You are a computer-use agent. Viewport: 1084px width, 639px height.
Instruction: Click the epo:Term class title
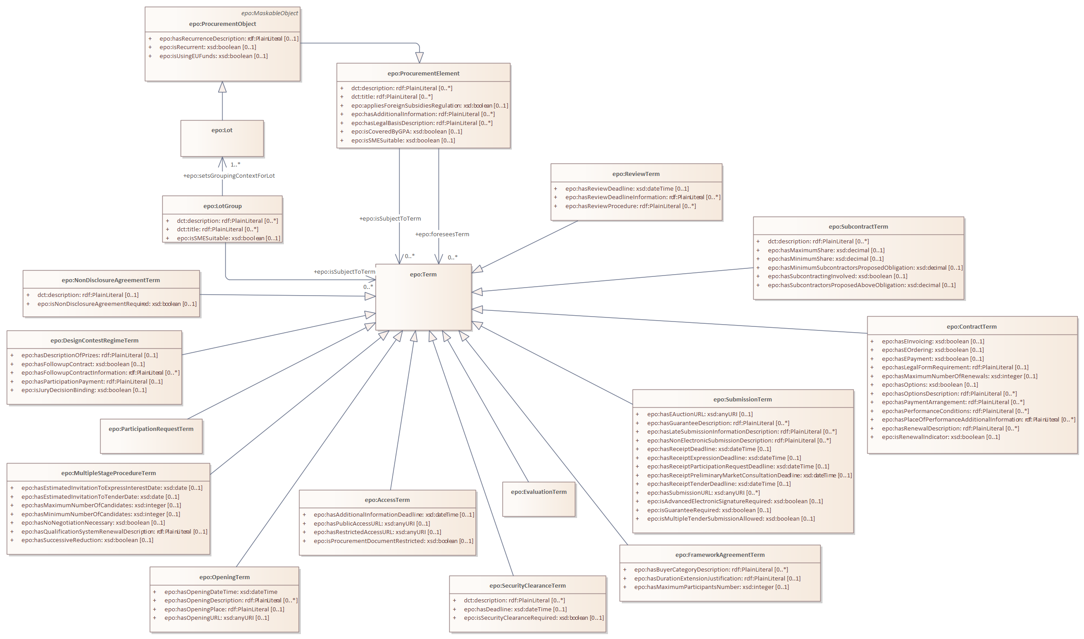coord(423,275)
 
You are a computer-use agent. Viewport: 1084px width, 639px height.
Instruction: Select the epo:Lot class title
coord(222,130)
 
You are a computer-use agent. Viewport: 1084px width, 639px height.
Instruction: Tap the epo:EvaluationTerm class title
coord(539,492)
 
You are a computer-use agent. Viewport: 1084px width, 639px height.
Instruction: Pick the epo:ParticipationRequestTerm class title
coord(151,429)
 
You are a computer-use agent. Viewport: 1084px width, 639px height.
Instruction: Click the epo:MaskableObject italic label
coord(270,13)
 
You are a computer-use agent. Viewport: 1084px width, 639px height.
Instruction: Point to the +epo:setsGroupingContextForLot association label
coord(229,176)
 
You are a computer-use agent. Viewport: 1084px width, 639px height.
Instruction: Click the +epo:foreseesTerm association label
coord(442,234)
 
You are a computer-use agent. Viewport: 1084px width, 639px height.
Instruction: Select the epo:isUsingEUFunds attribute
coord(213,56)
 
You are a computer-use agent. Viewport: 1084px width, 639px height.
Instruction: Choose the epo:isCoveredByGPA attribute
coord(406,132)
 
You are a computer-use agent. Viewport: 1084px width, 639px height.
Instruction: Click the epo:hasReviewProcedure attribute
coord(630,206)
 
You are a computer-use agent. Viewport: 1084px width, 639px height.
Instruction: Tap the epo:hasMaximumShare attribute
coord(826,251)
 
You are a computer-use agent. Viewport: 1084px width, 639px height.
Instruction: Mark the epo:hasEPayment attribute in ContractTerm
coord(932,359)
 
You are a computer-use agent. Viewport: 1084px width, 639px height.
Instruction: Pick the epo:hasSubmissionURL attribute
coord(703,493)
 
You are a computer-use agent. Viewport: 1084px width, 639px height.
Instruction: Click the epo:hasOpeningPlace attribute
coord(224,610)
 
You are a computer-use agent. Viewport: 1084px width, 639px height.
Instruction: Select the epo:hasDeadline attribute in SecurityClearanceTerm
coord(515,610)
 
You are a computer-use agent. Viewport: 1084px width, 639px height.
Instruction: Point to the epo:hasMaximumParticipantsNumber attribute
coord(711,587)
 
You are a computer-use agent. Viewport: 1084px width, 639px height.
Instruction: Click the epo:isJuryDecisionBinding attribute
coord(84,390)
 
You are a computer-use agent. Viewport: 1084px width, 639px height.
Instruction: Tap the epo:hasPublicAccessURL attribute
coord(371,524)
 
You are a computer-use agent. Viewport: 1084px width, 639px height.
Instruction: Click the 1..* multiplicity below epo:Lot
coord(235,165)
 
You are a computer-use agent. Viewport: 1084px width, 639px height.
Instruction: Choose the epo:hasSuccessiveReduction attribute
coord(87,540)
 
